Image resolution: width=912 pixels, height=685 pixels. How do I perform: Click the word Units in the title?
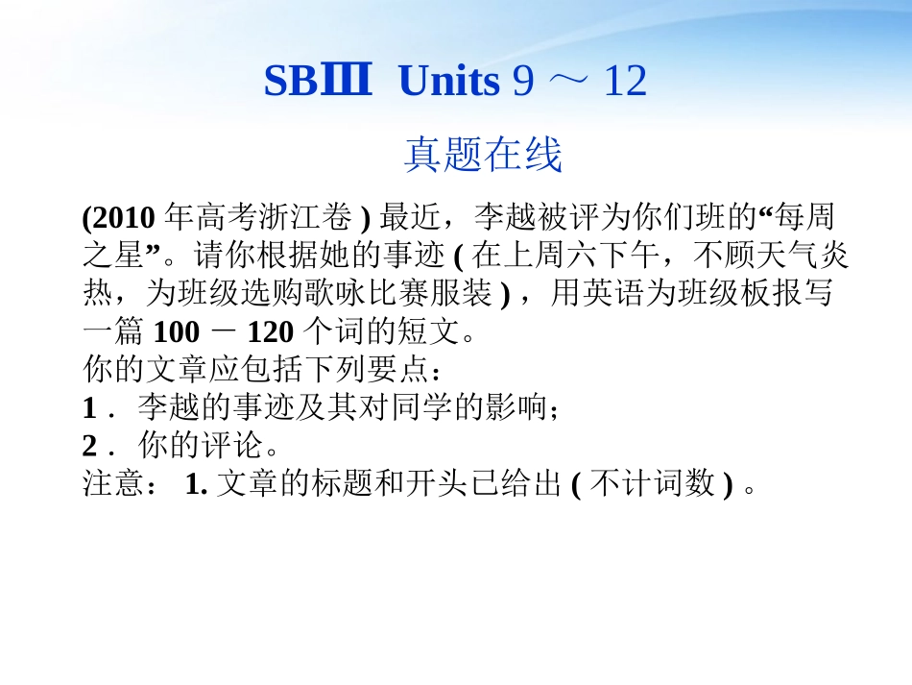(448, 84)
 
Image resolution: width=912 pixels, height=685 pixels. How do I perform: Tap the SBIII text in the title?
(317, 84)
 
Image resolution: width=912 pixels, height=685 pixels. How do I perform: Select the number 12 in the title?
(625, 84)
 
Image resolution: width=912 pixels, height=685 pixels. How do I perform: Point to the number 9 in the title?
(523, 84)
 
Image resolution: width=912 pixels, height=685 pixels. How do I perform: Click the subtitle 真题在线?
(482, 155)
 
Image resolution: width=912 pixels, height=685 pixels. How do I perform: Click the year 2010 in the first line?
(125, 218)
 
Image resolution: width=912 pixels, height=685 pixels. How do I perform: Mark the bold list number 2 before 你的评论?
(90, 447)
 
